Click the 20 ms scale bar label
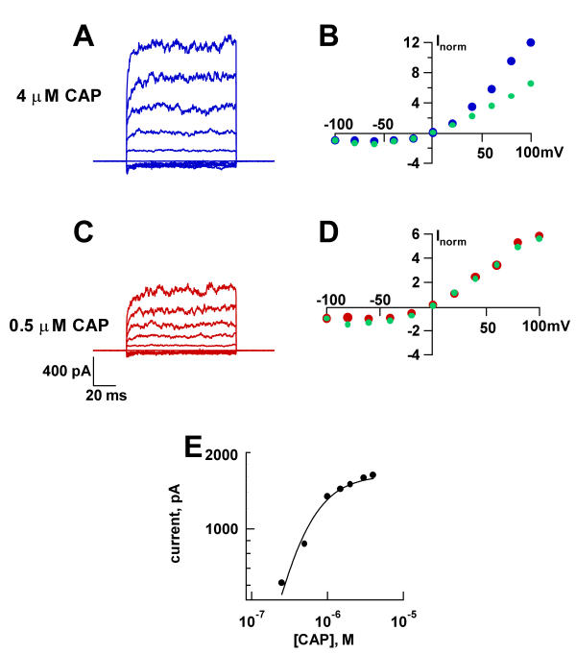[96, 394]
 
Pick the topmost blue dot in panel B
[530, 42]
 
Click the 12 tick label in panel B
[411, 42]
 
